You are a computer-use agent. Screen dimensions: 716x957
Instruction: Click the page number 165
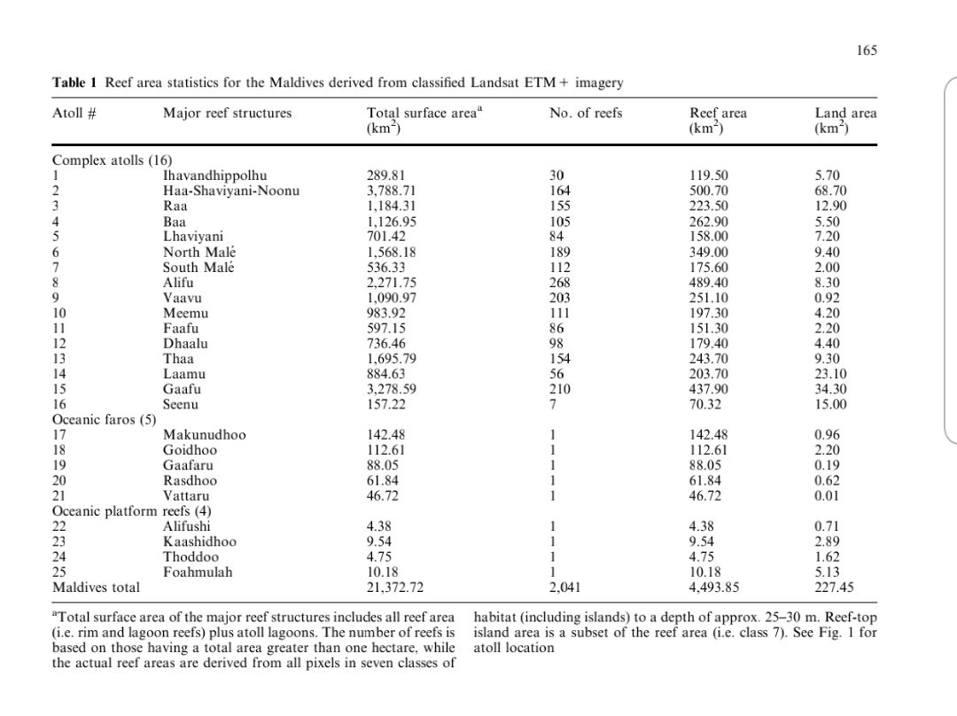pyautogui.click(x=867, y=51)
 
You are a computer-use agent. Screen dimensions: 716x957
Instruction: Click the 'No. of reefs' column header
pyautogui.click(x=586, y=113)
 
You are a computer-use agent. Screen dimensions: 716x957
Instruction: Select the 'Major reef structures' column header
pyautogui.click(x=227, y=113)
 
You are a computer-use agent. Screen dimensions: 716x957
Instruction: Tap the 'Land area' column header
pyautogui.click(x=845, y=113)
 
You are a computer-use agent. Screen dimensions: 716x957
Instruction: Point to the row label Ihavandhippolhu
pyautogui.click(x=214, y=175)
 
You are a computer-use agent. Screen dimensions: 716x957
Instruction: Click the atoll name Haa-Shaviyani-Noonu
pyautogui.click(x=230, y=191)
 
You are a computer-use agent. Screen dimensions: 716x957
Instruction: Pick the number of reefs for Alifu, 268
pyautogui.click(x=559, y=282)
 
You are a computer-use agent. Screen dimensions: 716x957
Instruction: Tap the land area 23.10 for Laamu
pyautogui.click(x=831, y=374)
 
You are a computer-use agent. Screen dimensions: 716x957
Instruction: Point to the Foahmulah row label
pyautogui.click(x=198, y=572)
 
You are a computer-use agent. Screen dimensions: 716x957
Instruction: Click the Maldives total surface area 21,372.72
pyautogui.click(x=395, y=587)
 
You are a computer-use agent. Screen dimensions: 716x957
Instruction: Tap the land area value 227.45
pyautogui.click(x=834, y=587)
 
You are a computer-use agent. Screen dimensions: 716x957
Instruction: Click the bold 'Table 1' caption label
pyautogui.click(x=76, y=83)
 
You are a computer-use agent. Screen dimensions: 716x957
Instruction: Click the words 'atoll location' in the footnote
pyautogui.click(x=514, y=648)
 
